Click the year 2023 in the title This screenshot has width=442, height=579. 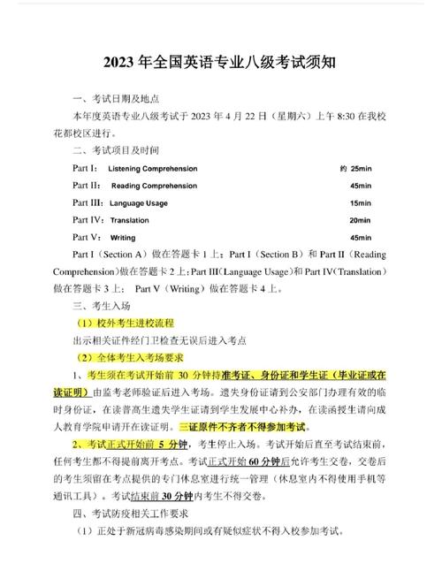tap(122, 64)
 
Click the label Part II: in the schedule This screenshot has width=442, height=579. tap(88, 186)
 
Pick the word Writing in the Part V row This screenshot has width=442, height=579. tap(123, 238)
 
